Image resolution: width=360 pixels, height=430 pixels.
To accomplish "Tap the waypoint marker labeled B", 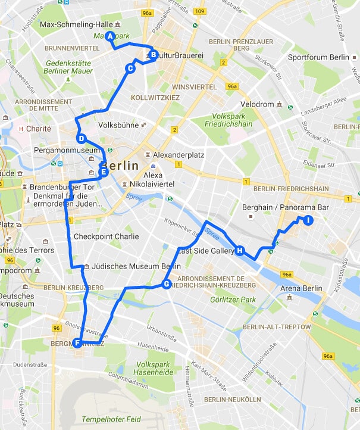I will tap(153, 55).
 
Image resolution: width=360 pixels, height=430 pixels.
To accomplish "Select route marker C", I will tap(130, 68).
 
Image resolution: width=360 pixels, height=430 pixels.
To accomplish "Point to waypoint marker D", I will tap(82, 139).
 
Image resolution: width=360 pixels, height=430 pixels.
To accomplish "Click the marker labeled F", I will tap(76, 342).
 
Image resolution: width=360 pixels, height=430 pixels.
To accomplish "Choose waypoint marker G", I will tap(167, 284).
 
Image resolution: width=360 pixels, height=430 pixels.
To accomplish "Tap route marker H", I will tap(240, 251).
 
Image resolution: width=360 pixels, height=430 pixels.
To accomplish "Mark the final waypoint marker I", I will tap(308, 220).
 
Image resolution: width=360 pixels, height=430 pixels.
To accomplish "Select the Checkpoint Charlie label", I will tap(106, 236).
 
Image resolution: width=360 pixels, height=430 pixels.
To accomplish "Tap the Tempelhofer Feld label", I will tap(110, 419).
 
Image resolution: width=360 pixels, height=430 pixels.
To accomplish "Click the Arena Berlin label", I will tap(301, 288).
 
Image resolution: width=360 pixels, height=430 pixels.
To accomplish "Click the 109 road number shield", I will tap(201, 11).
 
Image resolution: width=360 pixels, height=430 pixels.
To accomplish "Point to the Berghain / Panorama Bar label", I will tap(286, 207).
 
